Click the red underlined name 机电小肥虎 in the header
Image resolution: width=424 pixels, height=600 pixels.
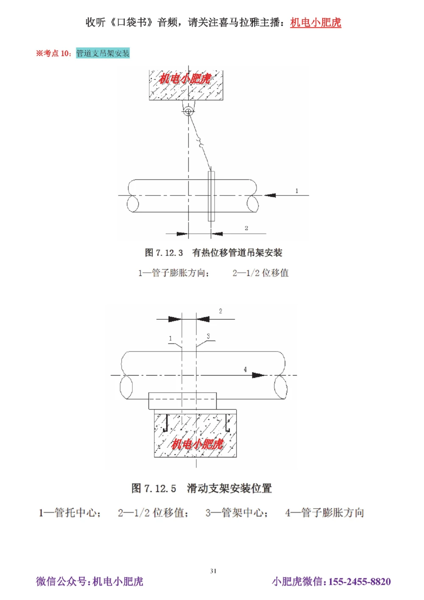(x=315, y=22)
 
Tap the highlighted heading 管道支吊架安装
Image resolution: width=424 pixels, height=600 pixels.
(x=103, y=53)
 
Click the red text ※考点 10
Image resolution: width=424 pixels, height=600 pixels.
(x=53, y=53)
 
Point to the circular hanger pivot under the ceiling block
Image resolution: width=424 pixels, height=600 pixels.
(x=188, y=112)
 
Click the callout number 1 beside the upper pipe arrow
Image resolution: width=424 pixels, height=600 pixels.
(x=297, y=191)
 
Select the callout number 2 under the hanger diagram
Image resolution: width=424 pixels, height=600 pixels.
(x=246, y=228)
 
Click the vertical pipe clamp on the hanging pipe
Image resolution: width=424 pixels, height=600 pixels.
(x=211, y=196)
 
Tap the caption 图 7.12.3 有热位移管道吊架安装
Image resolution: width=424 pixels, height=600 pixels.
(x=213, y=253)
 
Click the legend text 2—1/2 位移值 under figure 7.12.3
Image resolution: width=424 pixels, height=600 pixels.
(x=260, y=273)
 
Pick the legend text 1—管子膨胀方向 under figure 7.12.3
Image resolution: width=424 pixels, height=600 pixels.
(x=173, y=273)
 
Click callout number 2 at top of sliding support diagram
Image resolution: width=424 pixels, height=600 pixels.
(x=220, y=311)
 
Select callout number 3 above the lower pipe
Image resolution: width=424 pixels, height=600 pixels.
(x=208, y=336)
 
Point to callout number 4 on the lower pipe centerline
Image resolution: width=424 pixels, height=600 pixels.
(x=245, y=370)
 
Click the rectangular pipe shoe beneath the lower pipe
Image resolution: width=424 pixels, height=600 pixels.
(x=182, y=401)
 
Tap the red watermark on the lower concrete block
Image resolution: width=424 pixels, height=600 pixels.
(x=197, y=444)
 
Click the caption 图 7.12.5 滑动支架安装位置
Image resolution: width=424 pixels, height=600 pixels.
(x=201, y=488)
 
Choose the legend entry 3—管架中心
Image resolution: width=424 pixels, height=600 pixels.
(x=237, y=513)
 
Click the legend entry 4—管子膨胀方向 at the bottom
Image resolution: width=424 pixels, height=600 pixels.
(x=325, y=513)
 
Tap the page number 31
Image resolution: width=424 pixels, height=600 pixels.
(x=213, y=571)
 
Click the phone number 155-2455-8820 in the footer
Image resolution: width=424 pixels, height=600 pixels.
(x=360, y=581)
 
